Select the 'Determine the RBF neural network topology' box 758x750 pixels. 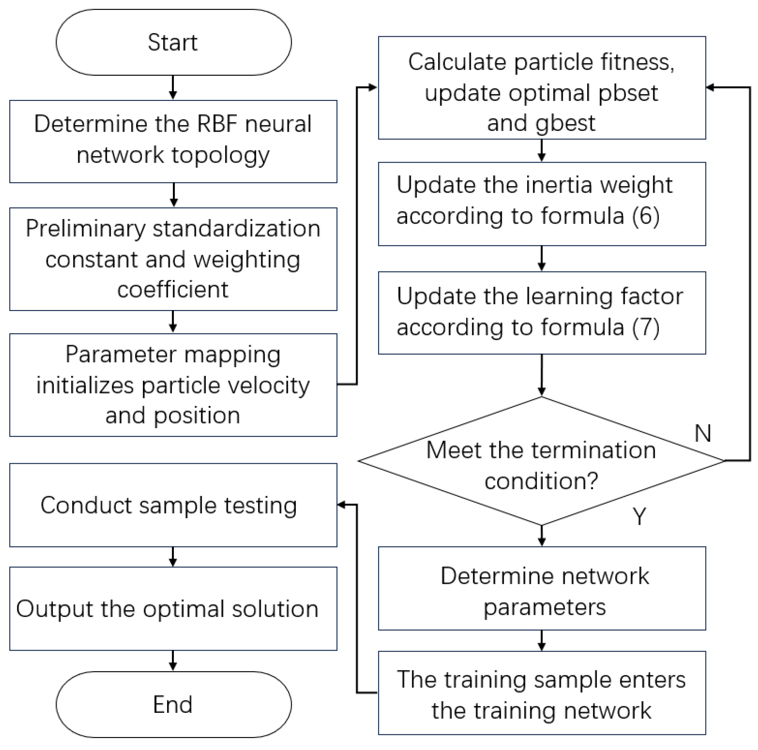click(173, 141)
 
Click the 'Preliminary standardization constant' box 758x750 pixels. click(173, 259)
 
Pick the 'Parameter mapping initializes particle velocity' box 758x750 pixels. click(173, 385)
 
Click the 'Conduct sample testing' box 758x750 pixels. click(173, 505)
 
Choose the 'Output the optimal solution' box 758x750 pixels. click(173, 608)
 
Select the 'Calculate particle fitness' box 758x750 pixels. click(541, 88)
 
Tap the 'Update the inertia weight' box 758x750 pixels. click(541, 204)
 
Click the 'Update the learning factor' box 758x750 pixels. click(541, 313)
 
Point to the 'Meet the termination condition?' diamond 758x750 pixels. click(541, 461)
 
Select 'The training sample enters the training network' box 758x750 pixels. click(541, 693)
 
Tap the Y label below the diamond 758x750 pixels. click(639, 516)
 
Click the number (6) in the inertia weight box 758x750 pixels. click(645, 216)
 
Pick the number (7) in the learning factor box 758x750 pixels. click(645, 327)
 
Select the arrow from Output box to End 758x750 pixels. click(173, 661)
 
